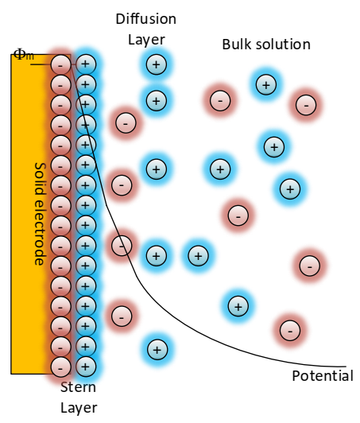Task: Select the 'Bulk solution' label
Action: (265, 44)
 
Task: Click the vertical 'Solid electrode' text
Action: (39, 213)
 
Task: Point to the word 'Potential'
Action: (322, 376)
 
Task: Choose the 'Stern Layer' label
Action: (79, 398)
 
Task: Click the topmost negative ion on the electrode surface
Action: (60, 64)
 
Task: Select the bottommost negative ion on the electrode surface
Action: (60, 367)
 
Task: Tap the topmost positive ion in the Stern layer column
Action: (85, 64)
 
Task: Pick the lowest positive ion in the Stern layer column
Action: (85, 367)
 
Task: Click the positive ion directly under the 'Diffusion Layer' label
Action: (157, 64)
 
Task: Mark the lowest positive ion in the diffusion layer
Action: (157, 349)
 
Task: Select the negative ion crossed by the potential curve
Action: (122, 245)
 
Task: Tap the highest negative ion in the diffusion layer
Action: (125, 122)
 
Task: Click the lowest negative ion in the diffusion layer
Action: (121, 316)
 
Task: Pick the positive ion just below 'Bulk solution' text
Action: (265, 83)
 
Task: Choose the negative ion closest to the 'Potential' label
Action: (290, 329)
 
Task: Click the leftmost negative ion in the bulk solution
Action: (220, 100)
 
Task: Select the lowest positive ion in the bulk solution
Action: (236, 305)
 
